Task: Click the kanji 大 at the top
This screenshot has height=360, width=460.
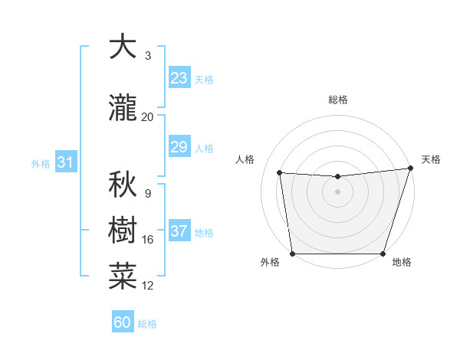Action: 122,47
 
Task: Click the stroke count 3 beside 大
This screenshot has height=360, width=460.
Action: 148,56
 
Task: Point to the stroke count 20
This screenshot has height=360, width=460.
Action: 147,116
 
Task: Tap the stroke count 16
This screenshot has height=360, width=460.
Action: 148,240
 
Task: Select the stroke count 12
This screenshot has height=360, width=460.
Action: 148,286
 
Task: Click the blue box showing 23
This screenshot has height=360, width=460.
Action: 179,78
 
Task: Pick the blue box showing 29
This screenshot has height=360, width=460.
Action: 179,147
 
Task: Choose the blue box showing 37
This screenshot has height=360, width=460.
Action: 179,231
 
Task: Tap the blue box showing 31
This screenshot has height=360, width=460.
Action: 65,162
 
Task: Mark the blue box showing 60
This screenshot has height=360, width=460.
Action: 122,322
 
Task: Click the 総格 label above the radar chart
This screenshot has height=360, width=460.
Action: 338,100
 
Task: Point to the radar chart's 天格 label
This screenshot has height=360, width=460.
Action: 431,159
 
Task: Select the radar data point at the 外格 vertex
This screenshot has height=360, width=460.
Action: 292,254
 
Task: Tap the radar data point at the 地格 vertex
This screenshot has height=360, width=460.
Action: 383,254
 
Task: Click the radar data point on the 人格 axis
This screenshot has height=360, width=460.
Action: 280,173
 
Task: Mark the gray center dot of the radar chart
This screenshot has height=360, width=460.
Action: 337,191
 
